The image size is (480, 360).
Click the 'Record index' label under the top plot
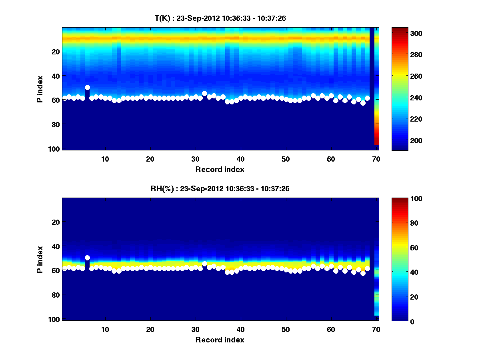tap(220, 169)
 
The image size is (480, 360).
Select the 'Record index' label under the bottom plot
tap(220, 340)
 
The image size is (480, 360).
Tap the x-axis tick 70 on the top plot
tap(376, 159)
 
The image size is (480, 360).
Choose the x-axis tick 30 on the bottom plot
tap(196, 329)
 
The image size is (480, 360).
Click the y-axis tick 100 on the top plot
tap(54, 149)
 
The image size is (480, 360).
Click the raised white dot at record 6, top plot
tap(87, 87)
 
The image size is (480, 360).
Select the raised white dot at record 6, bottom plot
tap(87, 258)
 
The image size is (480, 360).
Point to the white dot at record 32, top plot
tap(204, 93)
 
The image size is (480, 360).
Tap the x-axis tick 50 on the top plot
tap(286, 159)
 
